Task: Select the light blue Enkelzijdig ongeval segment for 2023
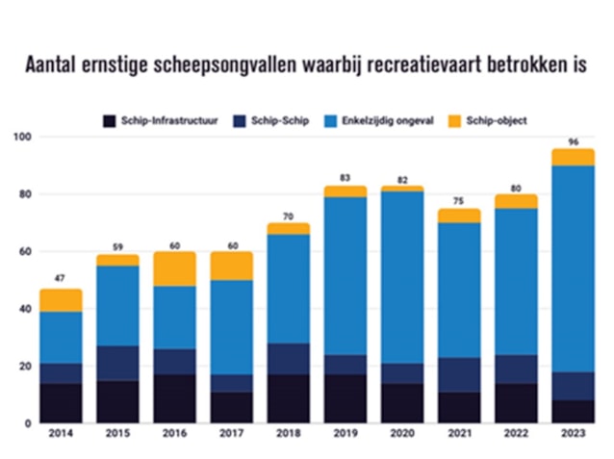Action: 573,268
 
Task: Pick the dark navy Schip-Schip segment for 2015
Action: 117,363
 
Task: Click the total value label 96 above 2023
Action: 573,141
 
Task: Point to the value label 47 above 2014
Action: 61,280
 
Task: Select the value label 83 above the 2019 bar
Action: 345,178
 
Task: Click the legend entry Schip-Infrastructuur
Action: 165,121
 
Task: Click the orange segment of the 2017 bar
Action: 231,266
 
